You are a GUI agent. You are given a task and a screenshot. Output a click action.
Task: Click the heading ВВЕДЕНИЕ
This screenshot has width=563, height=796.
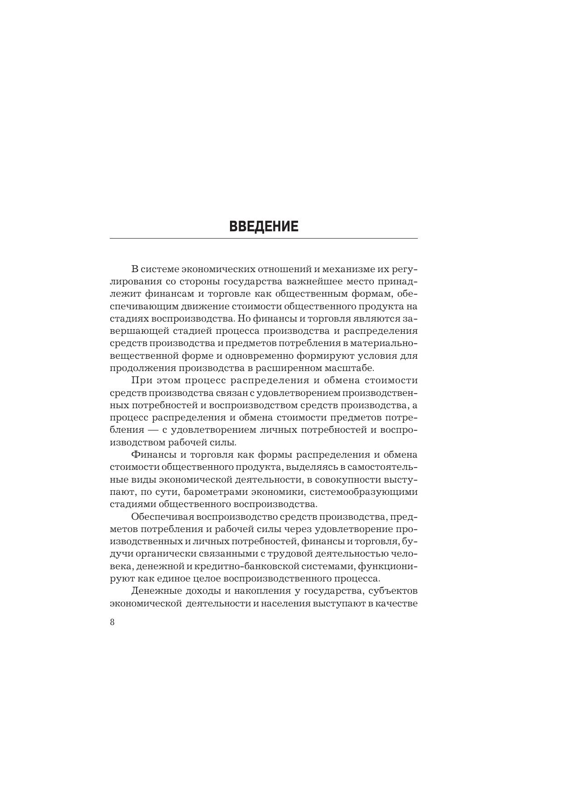coord(264,226)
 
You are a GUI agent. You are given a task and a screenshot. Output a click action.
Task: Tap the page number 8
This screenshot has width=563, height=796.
coord(112,622)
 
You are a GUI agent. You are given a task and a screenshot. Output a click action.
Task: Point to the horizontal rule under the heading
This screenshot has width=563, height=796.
coord(264,238)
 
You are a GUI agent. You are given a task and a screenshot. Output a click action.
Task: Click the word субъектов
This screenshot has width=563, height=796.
coord(394,591)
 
